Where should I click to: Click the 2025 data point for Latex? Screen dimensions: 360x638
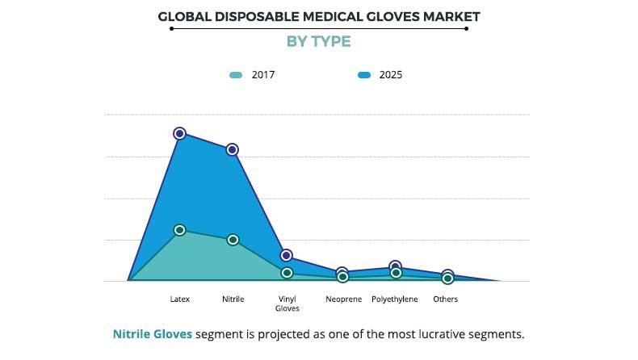click(179, 133)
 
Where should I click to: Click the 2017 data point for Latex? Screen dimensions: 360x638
click(179, 230)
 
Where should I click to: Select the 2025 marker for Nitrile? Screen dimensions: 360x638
click(233, 149)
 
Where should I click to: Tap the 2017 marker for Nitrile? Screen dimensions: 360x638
click(233, 240)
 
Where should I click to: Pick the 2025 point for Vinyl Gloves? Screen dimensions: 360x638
click(287, 255)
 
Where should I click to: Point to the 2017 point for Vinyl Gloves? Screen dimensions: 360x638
click(287, 273)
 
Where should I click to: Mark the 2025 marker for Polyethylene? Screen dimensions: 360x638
click(395, 266)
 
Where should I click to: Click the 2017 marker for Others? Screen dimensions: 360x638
click(447, 278)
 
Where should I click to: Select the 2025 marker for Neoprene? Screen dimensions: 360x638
click(342, 272)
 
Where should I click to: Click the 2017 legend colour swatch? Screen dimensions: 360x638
click(236, 75)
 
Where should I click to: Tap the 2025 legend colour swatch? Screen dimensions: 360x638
click(363, 75)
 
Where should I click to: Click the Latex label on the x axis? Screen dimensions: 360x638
click(180, 299)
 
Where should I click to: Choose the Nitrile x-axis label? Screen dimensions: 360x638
click(233, 299)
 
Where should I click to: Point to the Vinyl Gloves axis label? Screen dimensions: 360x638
click(287, 303)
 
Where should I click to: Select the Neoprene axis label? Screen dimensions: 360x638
click(342, 299)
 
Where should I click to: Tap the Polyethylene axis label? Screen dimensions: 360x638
click(395, 299)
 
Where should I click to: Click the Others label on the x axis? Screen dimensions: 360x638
click(445, 299)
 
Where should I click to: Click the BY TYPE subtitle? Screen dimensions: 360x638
click(319, 41)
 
